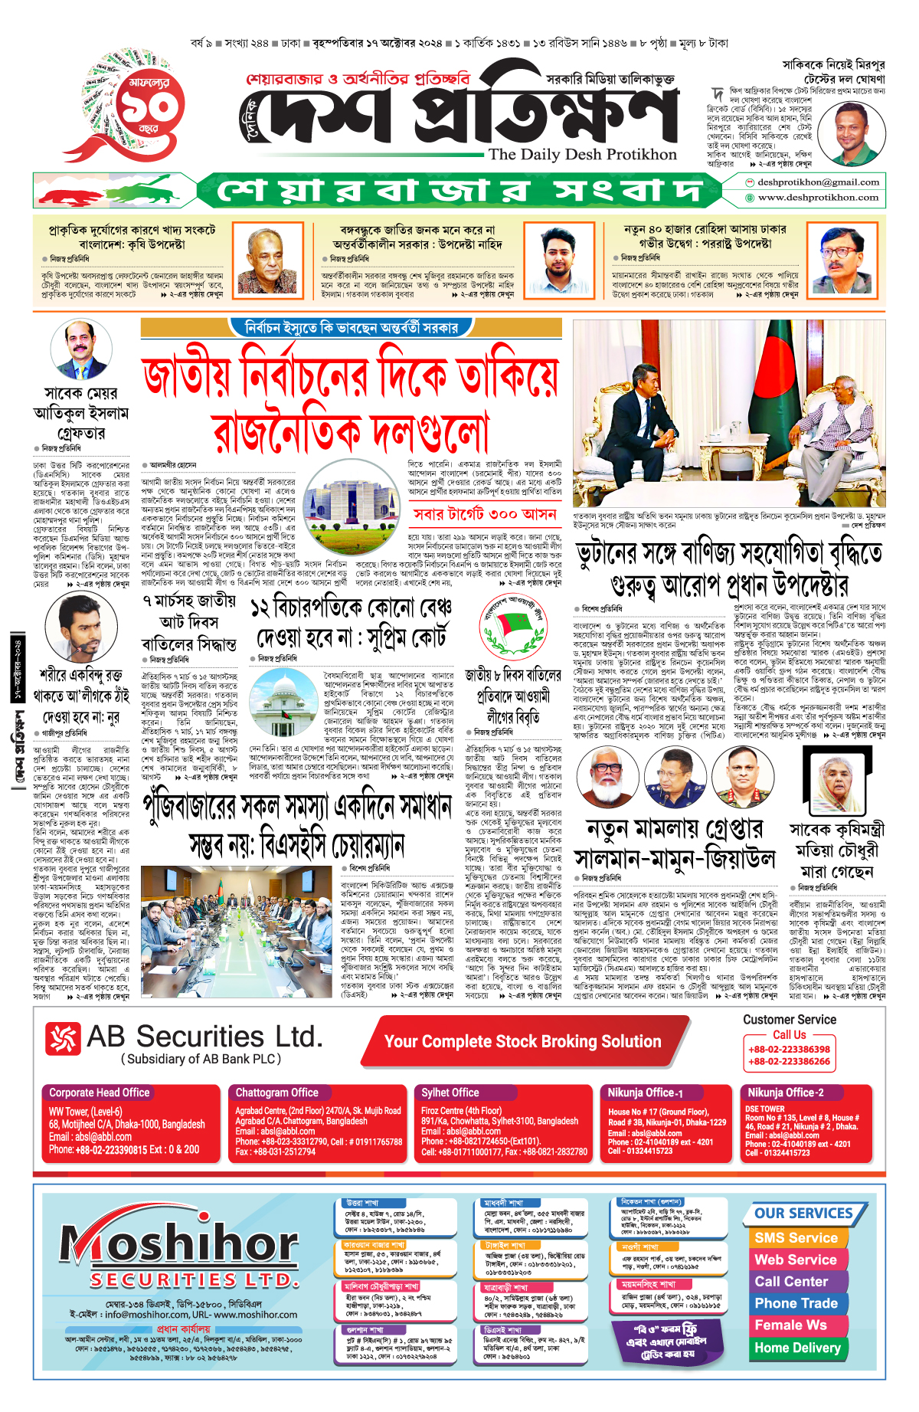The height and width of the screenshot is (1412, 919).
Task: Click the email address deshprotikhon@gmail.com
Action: tap(817, 182)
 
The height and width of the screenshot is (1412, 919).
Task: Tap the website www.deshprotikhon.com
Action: tap(817, 198)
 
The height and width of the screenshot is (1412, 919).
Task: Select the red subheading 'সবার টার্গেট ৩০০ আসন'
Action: tap(485, 514)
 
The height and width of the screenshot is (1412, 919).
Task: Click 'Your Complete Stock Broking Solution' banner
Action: tap(522, 1042)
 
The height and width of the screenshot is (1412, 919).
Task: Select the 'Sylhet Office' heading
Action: tap(450, 1093)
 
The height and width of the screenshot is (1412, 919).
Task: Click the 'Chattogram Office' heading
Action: tap(276, 1093)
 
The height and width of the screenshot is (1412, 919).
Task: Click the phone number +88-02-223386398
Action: tap(789, 1050)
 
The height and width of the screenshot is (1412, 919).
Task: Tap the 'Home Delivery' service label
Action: tap(797, 1348)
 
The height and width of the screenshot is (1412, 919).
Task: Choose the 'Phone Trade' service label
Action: tap(796, 1303)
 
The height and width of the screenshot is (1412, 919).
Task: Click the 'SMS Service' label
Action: tap(796, 1238)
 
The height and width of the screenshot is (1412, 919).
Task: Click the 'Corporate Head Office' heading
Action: tap(100, 1093)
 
